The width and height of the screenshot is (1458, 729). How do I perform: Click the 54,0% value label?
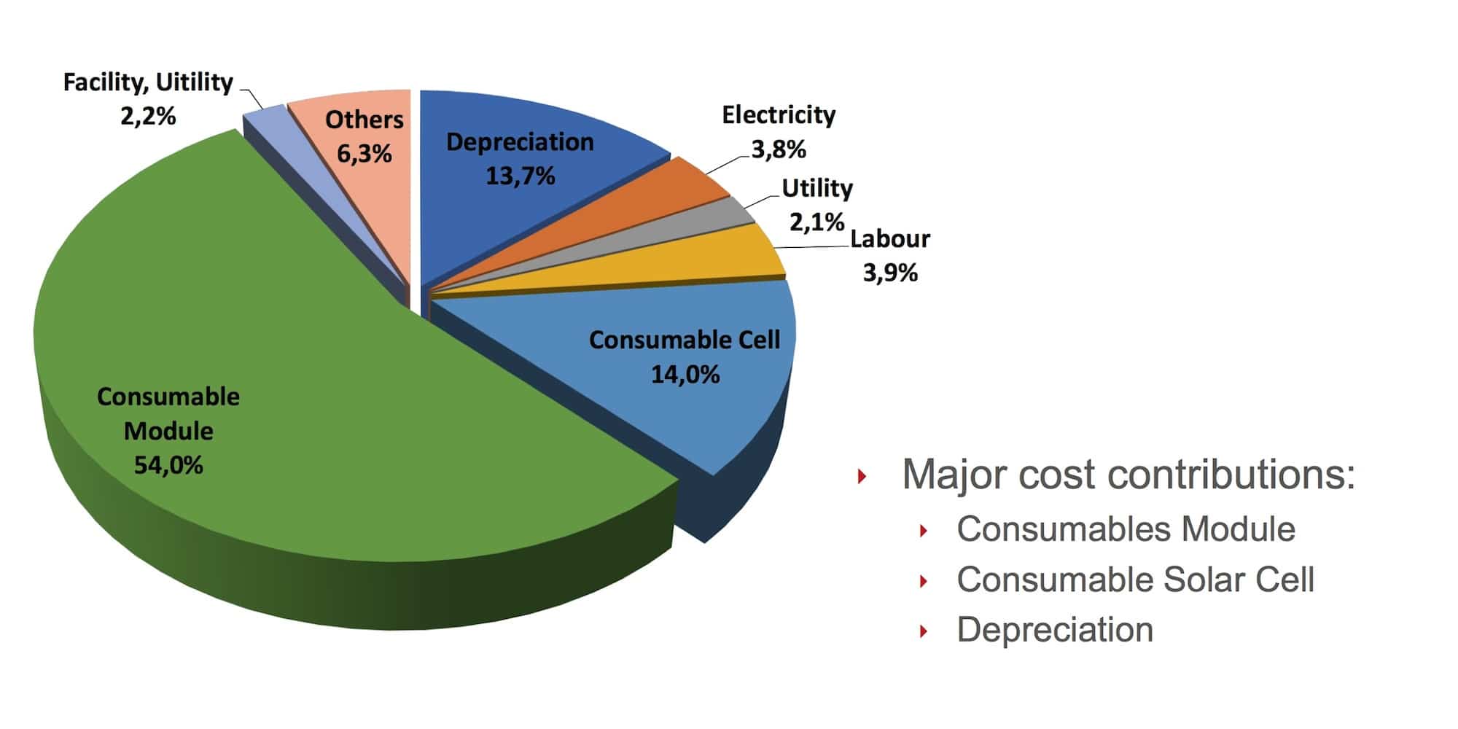pos(168,464)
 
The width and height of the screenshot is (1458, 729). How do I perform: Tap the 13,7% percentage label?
pos(521,176)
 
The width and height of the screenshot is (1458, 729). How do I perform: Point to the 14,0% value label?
pos(685,375)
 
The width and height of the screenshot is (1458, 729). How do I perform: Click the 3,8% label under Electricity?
pos(779,149)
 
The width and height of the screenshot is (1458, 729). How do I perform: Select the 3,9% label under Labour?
pos(890,273)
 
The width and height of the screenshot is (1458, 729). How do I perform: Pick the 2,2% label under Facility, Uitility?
pos(148,116)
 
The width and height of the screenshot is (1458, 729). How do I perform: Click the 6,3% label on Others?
pos(364,153)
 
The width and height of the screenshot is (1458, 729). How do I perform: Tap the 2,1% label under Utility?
pos(816,222)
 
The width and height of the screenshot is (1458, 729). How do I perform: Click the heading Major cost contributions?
pos(1128,475)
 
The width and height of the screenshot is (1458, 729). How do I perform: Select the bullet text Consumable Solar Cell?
pos(1135,580)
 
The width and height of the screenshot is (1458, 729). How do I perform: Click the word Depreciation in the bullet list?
pos(1055,630)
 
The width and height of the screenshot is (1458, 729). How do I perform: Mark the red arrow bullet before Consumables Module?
pos(924,531)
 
